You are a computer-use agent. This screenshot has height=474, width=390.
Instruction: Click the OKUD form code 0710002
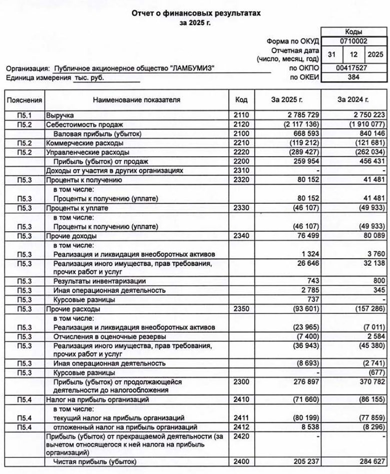point(354,42)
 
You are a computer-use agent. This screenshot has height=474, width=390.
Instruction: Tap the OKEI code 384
point(354,78)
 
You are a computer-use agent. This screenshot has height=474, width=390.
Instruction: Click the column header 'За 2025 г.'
point(287,100)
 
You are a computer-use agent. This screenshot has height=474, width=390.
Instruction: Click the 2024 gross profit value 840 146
point(367,134)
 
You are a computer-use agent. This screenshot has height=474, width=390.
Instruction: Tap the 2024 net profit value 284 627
point(367,461)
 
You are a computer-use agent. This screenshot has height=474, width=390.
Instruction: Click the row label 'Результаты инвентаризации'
point(97,281)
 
